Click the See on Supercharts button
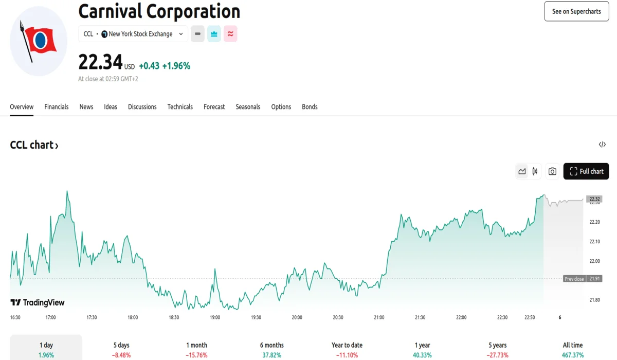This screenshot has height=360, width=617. tap(576, 11)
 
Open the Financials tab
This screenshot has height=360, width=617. tap(57, 107)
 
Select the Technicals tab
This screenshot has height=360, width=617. tap(180, 107)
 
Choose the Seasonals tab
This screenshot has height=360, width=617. tap(248, 107)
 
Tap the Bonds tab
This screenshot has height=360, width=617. tap(310, 107)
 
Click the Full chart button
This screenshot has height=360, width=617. tap(586, 171)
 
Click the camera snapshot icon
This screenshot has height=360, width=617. tap(552, 171)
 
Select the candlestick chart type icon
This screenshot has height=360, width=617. tap(535, 171)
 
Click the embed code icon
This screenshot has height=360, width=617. tap(602, 145)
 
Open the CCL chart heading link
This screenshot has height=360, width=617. tap(34, 145)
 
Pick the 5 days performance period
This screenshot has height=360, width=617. tap(121, 349)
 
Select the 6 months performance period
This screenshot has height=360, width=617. tap(272, 349)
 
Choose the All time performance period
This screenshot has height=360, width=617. tap(573, 349)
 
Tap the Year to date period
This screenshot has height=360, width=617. tap(347, 349)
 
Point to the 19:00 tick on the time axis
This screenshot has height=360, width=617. tap(215, 317)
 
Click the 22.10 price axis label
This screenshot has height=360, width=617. tap(595, 242)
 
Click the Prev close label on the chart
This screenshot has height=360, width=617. tap(574, 279)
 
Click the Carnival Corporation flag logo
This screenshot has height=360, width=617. tap(39, 41)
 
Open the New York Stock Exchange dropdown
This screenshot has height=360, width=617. tap(133, 34)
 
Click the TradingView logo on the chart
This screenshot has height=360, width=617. tap(38, 302)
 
